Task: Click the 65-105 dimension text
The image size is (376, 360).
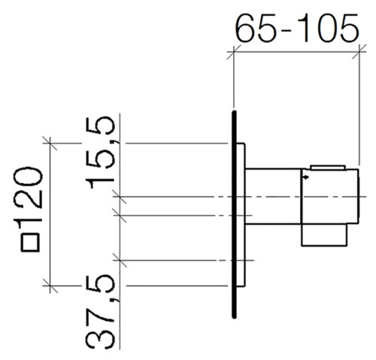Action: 297,28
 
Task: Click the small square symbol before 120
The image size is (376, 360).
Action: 30,242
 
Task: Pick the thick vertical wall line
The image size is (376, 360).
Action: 235,214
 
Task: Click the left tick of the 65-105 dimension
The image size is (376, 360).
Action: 234,52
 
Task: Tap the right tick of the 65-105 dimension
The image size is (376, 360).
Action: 359,52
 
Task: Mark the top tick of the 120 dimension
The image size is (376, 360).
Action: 50,144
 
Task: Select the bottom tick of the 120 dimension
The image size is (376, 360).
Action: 50,286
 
